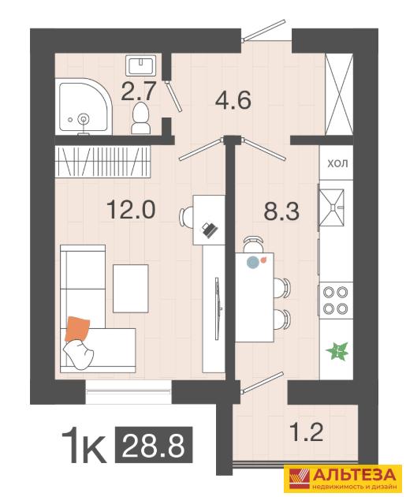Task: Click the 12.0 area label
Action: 131,210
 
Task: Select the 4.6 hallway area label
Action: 233,99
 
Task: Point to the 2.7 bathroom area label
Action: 139,91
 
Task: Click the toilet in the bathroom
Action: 141,118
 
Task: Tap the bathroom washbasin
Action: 140,65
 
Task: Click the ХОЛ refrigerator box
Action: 337,163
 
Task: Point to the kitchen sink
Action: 332,207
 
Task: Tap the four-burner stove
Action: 336,300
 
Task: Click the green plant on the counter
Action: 337,351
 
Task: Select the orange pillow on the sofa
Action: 77,329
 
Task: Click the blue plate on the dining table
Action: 253,262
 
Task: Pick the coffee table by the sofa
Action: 131,288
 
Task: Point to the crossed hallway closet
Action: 339,94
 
